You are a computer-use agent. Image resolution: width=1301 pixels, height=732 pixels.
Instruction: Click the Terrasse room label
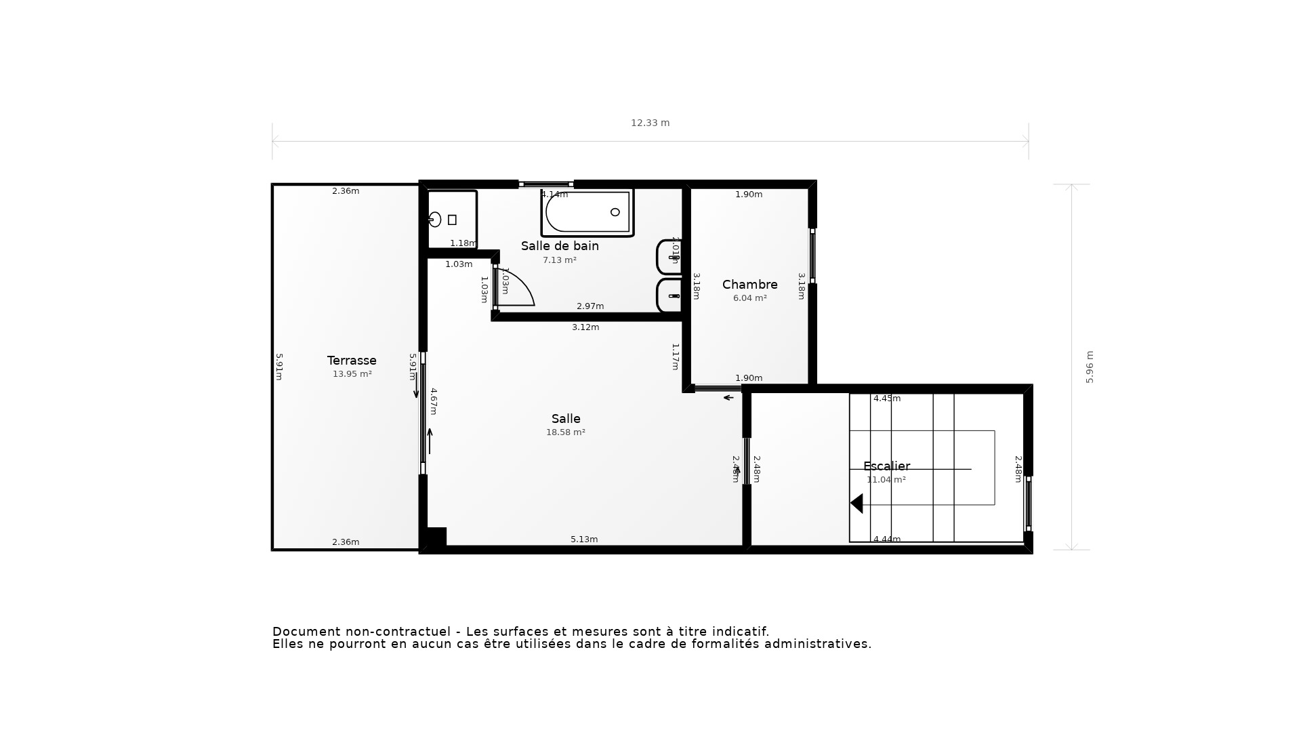coord(352,361)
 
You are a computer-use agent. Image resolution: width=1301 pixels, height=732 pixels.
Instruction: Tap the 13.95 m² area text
coord(352,374)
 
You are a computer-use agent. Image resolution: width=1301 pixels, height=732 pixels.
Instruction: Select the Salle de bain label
coord(560,246)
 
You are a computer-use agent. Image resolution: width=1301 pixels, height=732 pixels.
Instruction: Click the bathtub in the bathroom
coord(587,212)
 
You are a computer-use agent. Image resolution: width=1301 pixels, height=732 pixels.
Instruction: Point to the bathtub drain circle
coord(615,212)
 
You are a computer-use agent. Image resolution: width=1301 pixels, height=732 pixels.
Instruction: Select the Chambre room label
coord(749,285)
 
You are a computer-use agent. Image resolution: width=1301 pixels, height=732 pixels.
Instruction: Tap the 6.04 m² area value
coord(749,298)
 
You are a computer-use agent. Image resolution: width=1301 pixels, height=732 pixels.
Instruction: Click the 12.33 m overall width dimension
coord(650,123)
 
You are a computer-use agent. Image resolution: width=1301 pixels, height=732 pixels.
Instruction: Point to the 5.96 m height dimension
coord(1090,367)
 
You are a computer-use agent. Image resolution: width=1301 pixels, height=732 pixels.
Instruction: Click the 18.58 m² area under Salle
coord(566,432)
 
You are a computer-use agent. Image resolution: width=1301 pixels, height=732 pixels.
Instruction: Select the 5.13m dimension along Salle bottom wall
coord(584,540)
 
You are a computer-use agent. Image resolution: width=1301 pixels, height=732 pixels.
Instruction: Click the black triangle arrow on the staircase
coord(857,504)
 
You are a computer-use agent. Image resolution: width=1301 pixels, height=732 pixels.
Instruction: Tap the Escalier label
coord(886,466)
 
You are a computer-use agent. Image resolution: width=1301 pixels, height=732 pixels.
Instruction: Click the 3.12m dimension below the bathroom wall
coord(585,327)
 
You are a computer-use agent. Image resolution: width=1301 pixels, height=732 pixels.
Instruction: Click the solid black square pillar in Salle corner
coord(436,537)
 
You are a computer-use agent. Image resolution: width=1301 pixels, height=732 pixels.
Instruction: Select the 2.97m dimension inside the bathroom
coord(590,306)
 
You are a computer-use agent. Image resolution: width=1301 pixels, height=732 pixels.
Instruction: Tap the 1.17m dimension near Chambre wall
coord(675,357)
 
